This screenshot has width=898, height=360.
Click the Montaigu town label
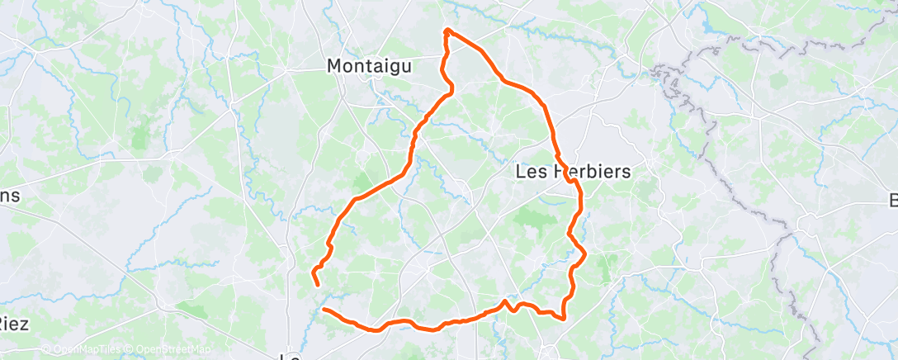point(369,65)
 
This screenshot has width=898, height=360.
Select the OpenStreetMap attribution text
point(170,350)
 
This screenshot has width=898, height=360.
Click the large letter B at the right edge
point(892,201)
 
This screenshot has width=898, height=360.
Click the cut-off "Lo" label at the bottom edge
point(290,356)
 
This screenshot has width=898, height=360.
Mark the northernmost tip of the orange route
point(447,31)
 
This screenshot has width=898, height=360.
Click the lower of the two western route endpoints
point(324,310)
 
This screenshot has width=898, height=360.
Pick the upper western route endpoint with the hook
point(318,285)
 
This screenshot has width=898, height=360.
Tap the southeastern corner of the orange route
point(563,318)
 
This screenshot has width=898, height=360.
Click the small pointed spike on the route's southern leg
point(505,301)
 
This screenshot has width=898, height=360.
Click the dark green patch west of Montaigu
point(144,128)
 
